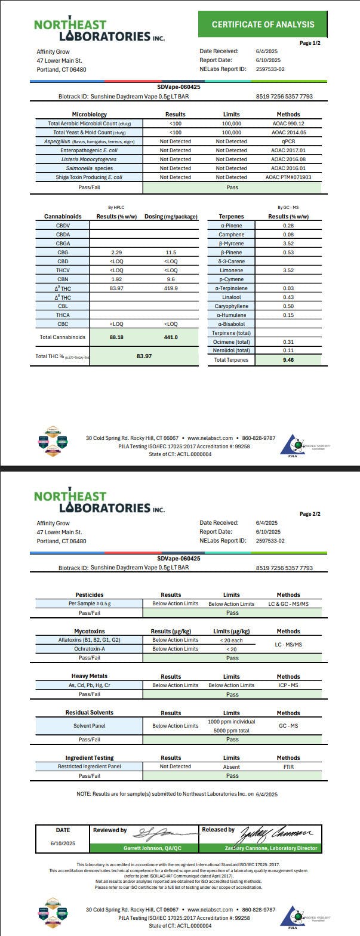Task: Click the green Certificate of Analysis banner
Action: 263,24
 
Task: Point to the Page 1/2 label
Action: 309,43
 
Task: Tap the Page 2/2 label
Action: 309,514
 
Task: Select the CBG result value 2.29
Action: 113,253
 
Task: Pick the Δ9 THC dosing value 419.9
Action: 171,288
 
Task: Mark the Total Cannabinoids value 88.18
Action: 113,337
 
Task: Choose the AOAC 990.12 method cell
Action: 288,124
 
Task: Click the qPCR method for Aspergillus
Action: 288,141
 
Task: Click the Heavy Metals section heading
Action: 89,676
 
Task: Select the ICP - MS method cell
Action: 288,685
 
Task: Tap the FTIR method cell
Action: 288,767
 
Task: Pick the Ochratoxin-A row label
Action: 89,649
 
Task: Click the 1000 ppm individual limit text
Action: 232,722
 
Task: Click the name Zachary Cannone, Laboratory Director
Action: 260,848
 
